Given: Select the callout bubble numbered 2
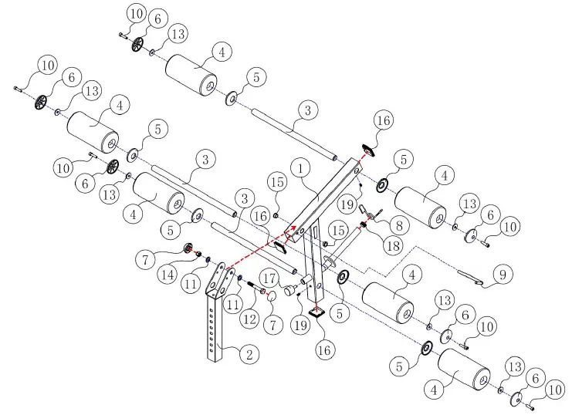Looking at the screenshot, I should pos(247,355).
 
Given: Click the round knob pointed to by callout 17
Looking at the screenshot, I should pos(289,292).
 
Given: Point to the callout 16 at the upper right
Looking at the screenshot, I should pos(384,120).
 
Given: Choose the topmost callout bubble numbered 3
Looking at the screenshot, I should pos(307,111).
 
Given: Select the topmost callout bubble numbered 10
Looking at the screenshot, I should pos(136,13).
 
